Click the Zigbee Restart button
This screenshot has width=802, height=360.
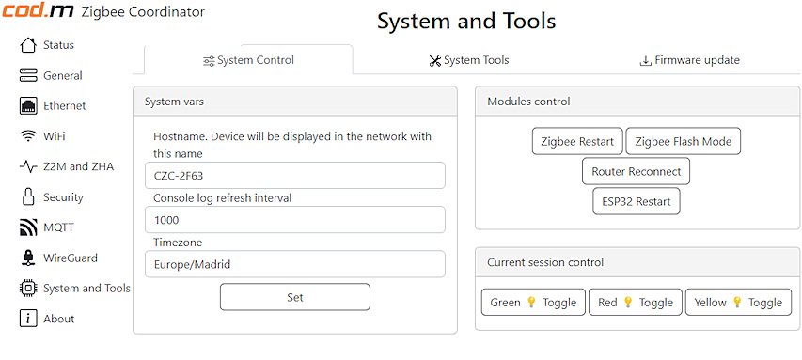[x=577, y=141]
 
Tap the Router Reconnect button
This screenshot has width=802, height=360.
[x=636, y=171]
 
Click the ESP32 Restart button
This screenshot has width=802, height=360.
[x=637, y=201]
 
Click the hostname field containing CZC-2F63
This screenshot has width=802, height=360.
[x=295, y=176]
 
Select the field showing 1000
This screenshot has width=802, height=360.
[x=295, y=220]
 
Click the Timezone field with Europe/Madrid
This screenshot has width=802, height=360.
[x=295, y=264]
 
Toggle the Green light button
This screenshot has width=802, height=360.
[x=533, y=303]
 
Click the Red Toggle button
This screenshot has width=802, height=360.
[x=636, y=303]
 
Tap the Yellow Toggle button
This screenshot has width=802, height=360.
[x=738, y=303]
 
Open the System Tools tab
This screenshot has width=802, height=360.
[x=469, y=60]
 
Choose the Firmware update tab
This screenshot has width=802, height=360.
[x=689, y=60]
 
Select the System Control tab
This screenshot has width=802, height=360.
[x=248, y=60]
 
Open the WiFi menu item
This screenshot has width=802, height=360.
[x=43, y=136]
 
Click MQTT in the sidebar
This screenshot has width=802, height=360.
[x=47, y=227]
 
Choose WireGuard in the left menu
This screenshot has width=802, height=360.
[x=58, y=258]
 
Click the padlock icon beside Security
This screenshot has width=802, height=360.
[x=28, y=196]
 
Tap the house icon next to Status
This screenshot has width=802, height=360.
[x=28, y=44]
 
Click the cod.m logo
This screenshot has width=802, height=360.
[x=38, y=11]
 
